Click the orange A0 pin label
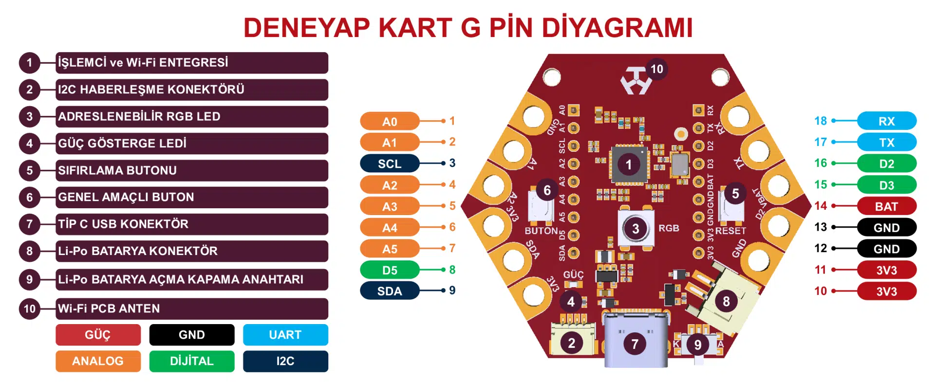pyautogui.click(x=390, y=121)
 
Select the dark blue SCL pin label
pyautogui.click(x=390, y=164)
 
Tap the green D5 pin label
pyautogui.click(x=390, y=270)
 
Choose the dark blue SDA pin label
pyautogui.click(x=390, y=291)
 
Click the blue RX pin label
pyautogui.click(x=886, y=121)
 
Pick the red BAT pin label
pyautogui.click(x=886, y=206)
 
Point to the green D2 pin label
pyautogui.click(x=886, y=164)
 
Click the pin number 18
pyautogui.click(x=821, y=121)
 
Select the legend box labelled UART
pyautogui.click(x=285, y=335)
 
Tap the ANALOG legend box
pyautogui.click(x=98, y=361)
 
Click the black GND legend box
pyautogui.click(x=191, y=335)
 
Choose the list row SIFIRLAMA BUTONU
pyautogui.click(x=191, y=170)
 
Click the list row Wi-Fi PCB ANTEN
pyautogui.click(x=191, y=309)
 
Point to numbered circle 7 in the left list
pyautogui.click(x=30, y=224)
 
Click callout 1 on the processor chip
pyautogui.click(x=629, y=164)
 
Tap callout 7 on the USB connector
pyautogui.click(x=635, y=344)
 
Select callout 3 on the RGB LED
pyautogui.click(x=636, y=228)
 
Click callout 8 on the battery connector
pyautogui.click(x=726, y=301)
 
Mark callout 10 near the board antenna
pyautogui.click(x=656, y=69)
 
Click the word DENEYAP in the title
pyautogui.click(x=306, y=27)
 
